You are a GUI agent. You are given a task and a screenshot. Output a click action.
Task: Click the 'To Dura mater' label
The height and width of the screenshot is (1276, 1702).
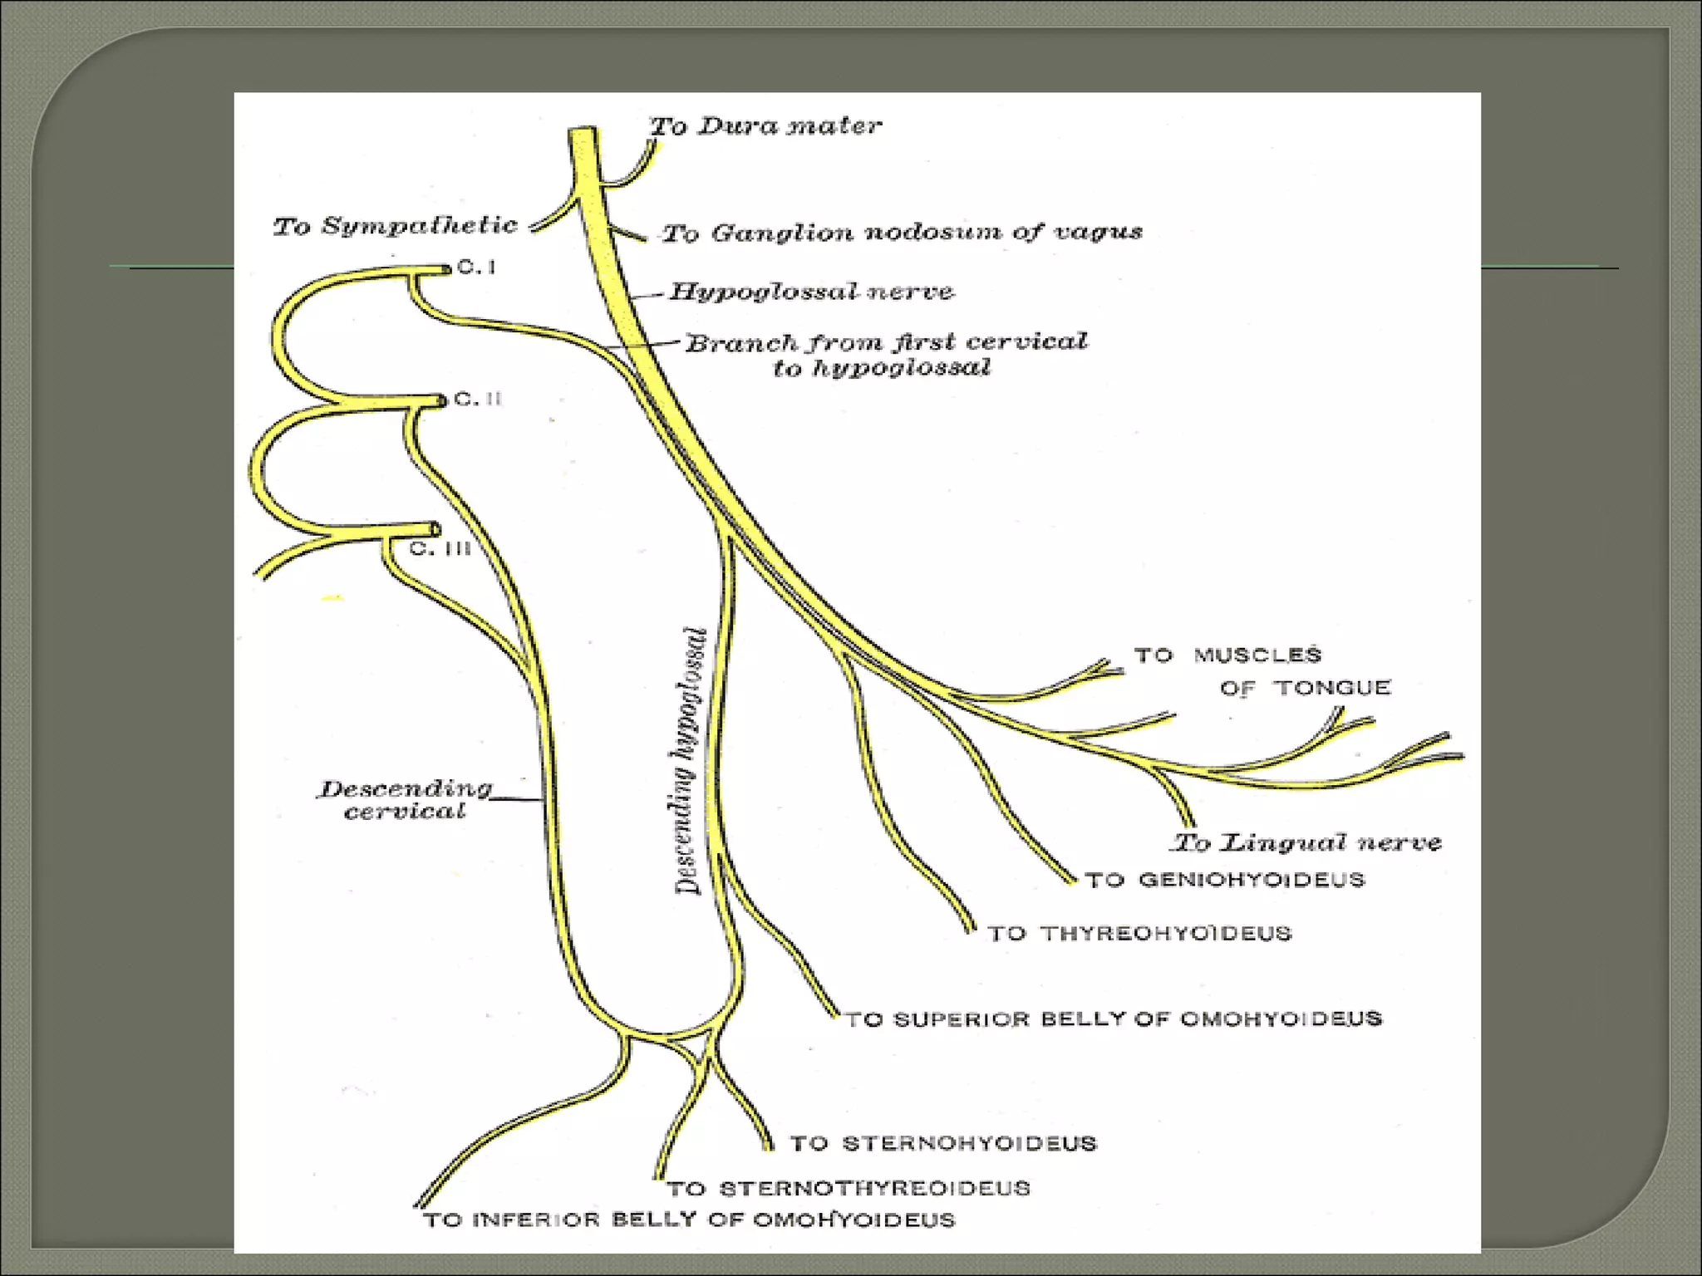pyautogui.click(x=765, y=126)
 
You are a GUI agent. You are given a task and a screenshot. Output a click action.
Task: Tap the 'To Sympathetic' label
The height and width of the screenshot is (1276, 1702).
pyautogui.click(x=396, y=225)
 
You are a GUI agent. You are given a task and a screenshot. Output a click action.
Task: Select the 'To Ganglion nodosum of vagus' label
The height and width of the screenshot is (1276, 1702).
pyautogui.click(x=903, y=232)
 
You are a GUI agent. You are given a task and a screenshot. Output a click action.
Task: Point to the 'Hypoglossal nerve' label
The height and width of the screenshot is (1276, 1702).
pyautogui.click(x=812, y=292)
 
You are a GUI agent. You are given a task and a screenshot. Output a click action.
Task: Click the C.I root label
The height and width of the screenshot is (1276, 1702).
pyautogui.click(x=477, y=267)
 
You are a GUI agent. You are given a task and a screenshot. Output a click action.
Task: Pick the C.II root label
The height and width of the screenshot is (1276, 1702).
pyautogui.click(x=479, y=399)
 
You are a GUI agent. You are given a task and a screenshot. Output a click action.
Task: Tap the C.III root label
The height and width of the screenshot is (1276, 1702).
pyautogui.click(x=440, y=549)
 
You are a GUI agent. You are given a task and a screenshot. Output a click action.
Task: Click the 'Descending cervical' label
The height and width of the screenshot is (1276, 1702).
pyautogui.click(x=406, y=799)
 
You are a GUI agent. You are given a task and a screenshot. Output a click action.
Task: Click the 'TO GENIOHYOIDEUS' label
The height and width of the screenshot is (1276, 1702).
pyautogui.click(x=1225, y=880)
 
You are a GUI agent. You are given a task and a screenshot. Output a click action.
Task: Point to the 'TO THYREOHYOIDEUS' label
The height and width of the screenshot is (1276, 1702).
pyautogui.click(x=1139, y=934)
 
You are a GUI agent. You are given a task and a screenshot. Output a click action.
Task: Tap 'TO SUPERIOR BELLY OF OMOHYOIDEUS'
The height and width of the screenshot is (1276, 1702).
pyautogui.click(x=1114, y=1018)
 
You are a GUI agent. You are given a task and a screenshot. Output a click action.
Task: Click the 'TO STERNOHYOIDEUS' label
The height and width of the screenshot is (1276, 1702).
pyautogui.click(x=943, y=1144)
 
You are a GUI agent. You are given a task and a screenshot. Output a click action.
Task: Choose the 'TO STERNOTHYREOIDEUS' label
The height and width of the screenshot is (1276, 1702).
pyautogui.click(x=849, y=1189)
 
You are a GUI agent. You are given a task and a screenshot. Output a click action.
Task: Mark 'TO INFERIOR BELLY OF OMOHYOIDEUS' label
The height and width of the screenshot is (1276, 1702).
pyautogui.click(x=690, y=1220)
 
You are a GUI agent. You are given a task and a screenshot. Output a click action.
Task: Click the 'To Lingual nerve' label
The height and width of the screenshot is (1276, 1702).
pyautogui.click(x=1306, y=842)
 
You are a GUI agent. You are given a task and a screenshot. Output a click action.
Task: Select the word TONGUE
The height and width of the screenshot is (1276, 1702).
pyautogui.click(x=1332, y=688)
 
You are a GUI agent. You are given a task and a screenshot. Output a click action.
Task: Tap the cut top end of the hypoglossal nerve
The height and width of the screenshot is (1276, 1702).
pyautogui.click(x=583, y=130)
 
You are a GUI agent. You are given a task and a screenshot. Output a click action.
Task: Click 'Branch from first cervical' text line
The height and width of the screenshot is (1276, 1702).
pyautogui.click(x=886, y=342)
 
